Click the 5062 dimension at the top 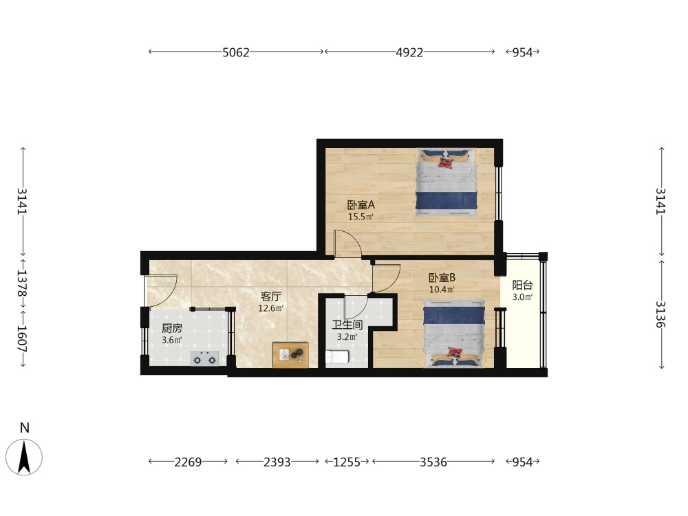pos(236,52)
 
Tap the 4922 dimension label pos(409,52)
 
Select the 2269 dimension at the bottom pos(188,462)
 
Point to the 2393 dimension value pos(277,462)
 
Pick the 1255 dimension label pos(347,462)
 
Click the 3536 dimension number pos(433,462)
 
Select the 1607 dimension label pos(22,338)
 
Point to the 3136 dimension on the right pos(660,314)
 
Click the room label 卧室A pos(361,205)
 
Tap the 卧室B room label pos(442,278)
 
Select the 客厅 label pos(270,297)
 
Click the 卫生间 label pos(347,325)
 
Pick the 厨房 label pos(171,328)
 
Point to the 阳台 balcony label pos(522,286)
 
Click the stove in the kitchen pos(205,358)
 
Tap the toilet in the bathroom pos(337,357)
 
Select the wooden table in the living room pos(290,354)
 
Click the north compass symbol pos(24,456)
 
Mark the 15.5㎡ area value pos(361,217)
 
